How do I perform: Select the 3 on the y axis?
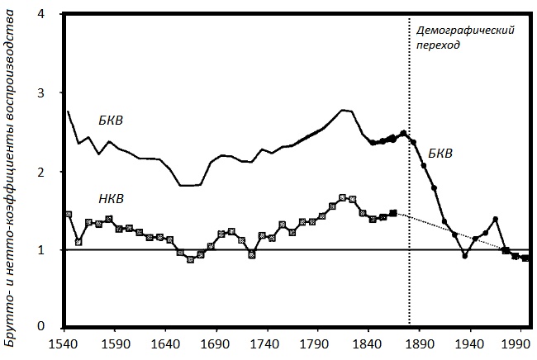click(51, 94)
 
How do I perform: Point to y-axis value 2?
click(51, 172)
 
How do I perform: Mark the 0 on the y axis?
click(51, 328)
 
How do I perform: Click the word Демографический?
click(465, 30)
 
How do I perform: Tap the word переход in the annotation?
click(438, 45)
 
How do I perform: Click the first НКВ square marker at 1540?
click(68, 215)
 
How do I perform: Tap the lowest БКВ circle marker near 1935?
click(465, 256)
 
